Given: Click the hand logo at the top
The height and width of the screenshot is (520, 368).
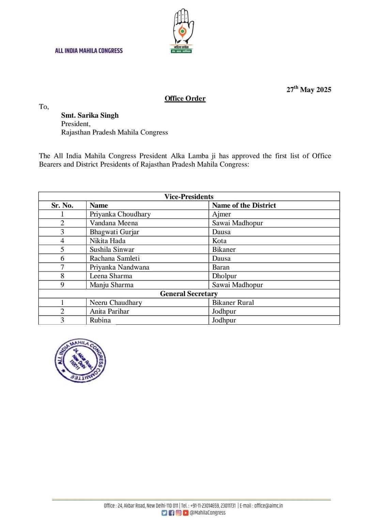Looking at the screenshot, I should pos(182,31).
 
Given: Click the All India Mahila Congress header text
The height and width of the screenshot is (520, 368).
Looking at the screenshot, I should pos(89,51).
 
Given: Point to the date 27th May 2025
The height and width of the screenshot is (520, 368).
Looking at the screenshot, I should pos(309,90).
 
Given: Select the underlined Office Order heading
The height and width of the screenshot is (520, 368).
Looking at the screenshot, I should pos(185,98).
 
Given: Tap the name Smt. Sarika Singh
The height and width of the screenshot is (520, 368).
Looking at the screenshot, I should pos(90,115).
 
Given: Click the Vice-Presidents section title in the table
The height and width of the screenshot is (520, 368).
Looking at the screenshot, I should pos(189,197).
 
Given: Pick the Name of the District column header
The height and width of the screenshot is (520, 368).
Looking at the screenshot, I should pos(244,205).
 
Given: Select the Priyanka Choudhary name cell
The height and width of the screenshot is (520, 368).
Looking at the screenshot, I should pos(120,214).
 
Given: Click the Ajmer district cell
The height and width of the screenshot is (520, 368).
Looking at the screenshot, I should pos(221,214).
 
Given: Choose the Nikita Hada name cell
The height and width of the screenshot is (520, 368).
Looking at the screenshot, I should pos(107,241).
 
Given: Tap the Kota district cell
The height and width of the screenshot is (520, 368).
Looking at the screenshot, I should pos(219,241).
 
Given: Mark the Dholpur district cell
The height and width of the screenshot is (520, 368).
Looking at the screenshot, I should pos(224,276).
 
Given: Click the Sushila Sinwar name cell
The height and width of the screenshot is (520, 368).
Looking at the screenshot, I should pos(112,249).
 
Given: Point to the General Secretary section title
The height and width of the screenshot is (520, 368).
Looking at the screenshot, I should pos(189,294).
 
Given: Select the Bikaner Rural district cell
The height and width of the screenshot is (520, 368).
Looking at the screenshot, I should pos(233,303).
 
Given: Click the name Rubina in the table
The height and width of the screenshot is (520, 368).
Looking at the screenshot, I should pos(100,320).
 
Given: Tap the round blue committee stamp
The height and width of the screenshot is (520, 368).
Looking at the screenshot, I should pos(80,361).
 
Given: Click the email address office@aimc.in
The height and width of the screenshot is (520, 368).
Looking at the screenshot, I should pos(268,506).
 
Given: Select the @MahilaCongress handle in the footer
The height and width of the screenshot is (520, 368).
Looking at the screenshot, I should pos(208,513).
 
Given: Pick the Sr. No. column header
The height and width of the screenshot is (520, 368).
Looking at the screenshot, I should pos(62,205).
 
